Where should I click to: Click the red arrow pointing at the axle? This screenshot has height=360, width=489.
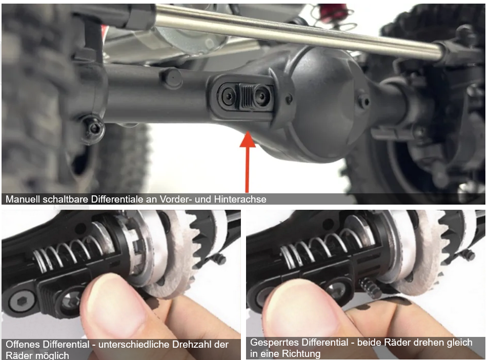pyautogui.click(x=247, y=162)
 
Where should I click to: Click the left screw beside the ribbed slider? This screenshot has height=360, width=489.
pyautogui.click(x=228, y=96)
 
